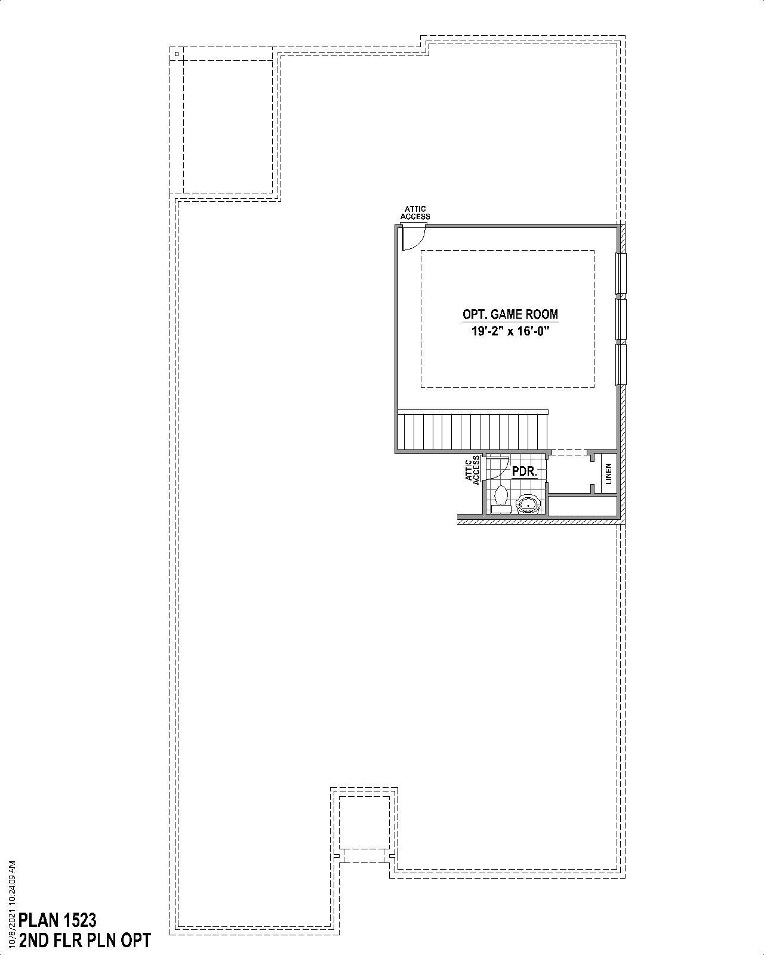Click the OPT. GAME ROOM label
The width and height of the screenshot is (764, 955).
510,314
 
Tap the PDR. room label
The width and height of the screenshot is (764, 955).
525,472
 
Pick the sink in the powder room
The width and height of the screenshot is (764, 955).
528,504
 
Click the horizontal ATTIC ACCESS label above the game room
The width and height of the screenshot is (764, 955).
415,213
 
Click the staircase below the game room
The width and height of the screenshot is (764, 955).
472,432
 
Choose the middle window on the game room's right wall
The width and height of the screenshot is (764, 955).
621,319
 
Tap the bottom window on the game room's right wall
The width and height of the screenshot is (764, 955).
621,365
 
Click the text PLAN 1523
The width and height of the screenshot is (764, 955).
58,919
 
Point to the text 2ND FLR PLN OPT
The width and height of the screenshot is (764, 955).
85,941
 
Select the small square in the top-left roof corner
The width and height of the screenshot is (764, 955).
177,54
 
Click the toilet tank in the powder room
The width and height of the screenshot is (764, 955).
501,510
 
